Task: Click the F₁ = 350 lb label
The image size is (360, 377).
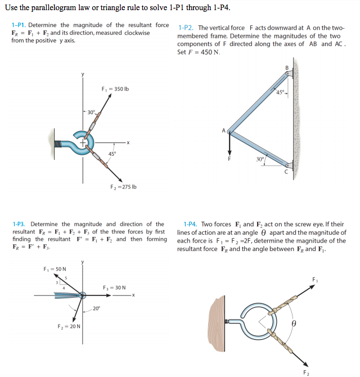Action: tap(115, 89)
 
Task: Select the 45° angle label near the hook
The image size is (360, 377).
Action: tap(112, 154)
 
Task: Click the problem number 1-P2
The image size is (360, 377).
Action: tap(186, 27)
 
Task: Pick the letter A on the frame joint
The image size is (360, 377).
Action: tap(223, 131)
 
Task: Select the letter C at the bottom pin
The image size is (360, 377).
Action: tap(287, 172)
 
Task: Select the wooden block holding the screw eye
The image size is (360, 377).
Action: tap(217, 324)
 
